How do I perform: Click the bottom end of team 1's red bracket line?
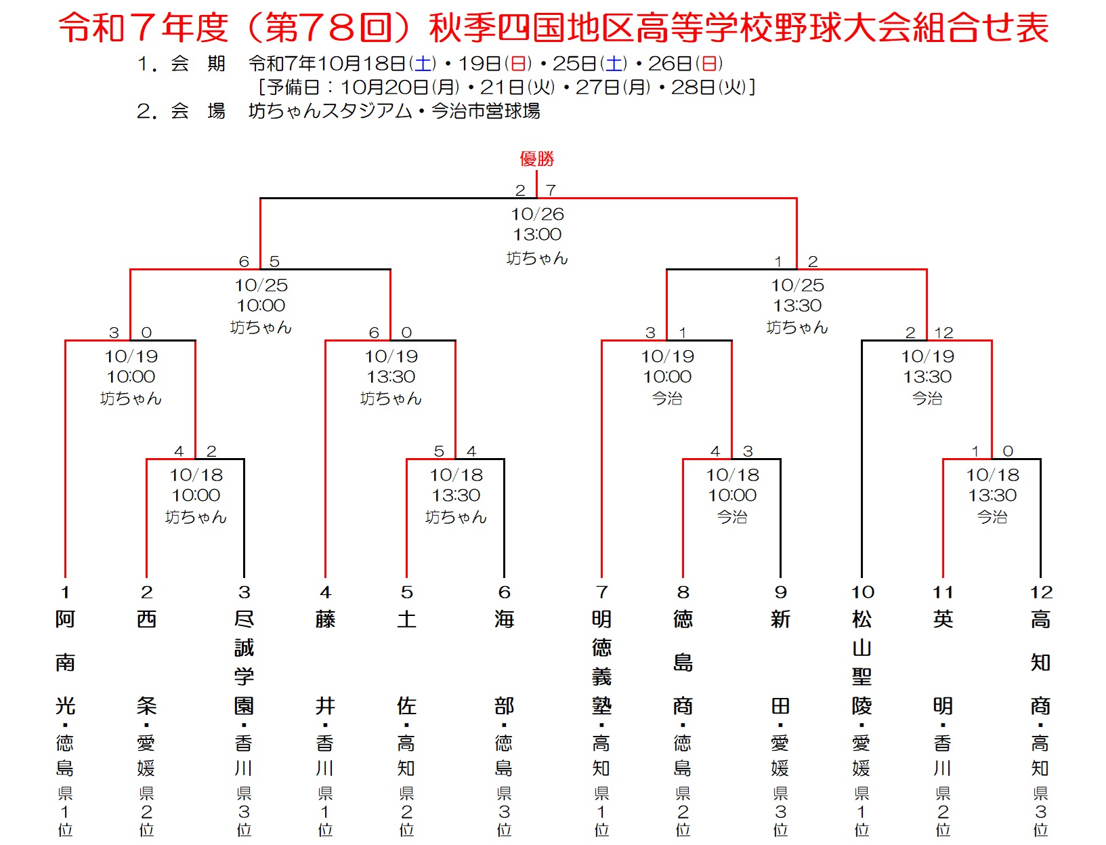point(65,577)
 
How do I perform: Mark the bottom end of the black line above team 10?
point(862,577)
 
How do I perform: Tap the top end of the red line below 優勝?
point(536,171)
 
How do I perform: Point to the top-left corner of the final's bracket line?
point(260,199)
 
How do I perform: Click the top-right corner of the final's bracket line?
point(796,199)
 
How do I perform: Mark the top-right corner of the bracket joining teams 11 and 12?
point(1040,459)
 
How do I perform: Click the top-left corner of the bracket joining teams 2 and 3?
point(146,459)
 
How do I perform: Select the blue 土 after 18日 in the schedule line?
point(423,64)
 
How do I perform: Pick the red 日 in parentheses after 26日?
point(709,64)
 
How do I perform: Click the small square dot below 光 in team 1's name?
point(65,725)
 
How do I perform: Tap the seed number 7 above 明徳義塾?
point(601,592)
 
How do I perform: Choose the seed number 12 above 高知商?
point(1041,592)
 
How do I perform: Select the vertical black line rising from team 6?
point(504,518)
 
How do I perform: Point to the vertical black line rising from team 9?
point(780,518)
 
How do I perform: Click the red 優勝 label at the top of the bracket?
point(537,159)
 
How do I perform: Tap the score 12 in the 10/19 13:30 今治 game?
point(943,333)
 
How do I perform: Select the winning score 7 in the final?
point(551,190)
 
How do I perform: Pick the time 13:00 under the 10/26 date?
point(537,234)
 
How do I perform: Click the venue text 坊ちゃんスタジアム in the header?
point(331,111)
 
